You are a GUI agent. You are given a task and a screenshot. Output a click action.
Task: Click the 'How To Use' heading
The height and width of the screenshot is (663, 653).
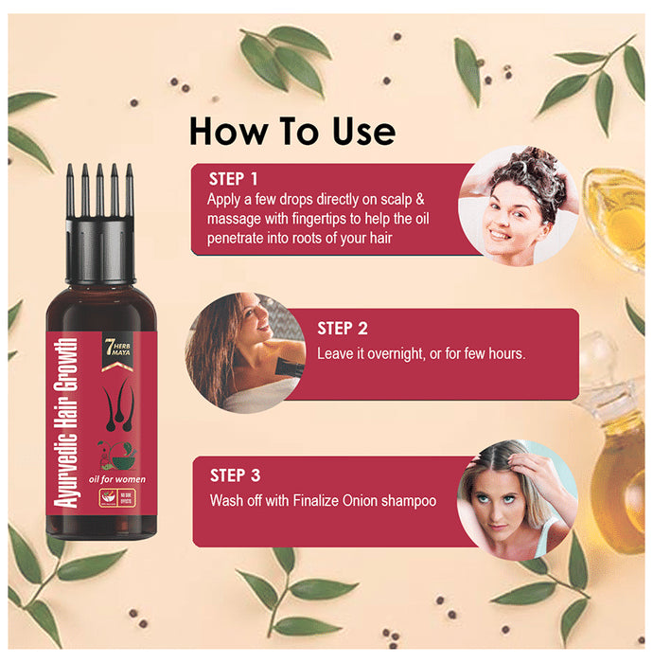pyautogui.click(x=291, y=131)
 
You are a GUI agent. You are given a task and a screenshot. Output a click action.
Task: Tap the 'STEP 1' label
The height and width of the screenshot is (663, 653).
pyautogui.click(x=233, y=179)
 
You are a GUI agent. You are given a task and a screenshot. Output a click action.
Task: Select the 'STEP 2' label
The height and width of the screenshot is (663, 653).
pyautogui.click(x=343, y=329)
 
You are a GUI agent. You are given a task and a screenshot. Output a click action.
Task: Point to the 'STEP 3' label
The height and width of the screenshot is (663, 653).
pyautogui.click(x=236, y=475)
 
